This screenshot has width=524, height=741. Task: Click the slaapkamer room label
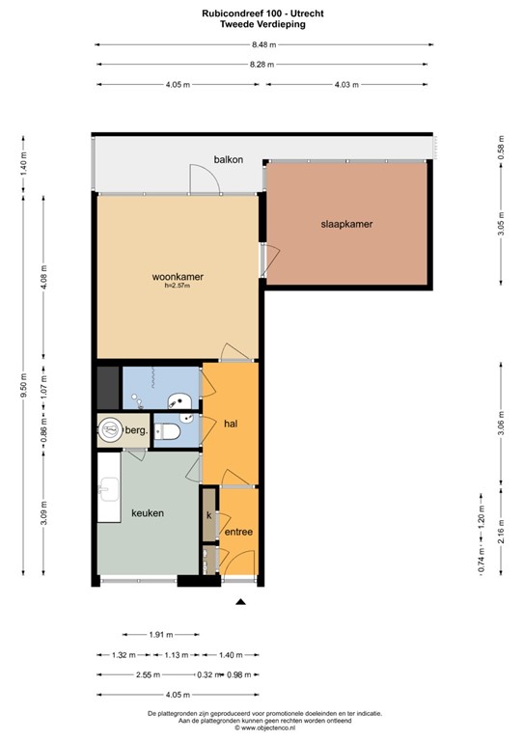346,224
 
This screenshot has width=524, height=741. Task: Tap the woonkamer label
178,277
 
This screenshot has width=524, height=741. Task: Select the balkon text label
228,159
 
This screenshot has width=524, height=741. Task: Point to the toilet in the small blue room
167,431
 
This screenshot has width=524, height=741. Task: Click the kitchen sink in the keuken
109,489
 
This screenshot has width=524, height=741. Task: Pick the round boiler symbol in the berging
110,430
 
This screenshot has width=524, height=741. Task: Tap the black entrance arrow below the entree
241,602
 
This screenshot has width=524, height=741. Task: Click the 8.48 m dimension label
263,45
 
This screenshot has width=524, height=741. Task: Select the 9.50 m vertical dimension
23,386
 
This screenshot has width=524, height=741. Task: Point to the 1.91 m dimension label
160,635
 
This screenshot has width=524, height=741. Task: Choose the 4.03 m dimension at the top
346,85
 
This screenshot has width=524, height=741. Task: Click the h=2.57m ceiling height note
178,286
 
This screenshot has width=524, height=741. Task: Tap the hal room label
231,424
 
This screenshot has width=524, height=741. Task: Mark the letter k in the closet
208,515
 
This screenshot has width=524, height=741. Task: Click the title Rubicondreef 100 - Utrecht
262,14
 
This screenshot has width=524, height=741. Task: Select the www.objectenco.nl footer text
268,728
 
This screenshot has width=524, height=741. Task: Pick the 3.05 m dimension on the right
501,222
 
